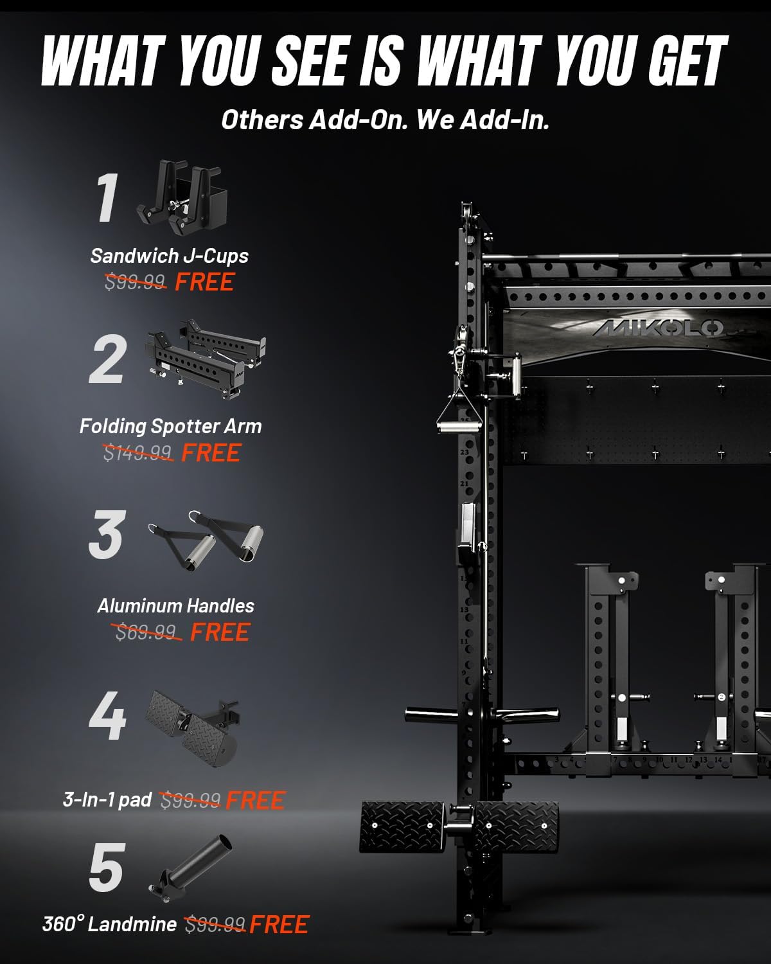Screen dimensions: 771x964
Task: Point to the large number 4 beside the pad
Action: click(107, 715)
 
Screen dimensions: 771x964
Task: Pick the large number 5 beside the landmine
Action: click(107, 867)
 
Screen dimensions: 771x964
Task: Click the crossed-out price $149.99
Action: click(137, 452)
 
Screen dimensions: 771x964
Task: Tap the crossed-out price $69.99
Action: click(146, 632)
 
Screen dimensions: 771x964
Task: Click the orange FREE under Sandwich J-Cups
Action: click(205, 281)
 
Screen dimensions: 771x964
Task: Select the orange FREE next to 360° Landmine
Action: click(279, 925)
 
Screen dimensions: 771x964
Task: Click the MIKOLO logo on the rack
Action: click(659, 328)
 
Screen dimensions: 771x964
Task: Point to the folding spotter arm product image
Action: click(206, 359)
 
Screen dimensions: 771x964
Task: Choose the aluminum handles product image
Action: click(206, 540)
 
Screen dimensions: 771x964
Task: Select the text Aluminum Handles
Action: click(175, 606)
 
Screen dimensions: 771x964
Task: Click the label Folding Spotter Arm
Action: click(171, 427)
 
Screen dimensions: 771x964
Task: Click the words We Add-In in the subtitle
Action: click(483, 120)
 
